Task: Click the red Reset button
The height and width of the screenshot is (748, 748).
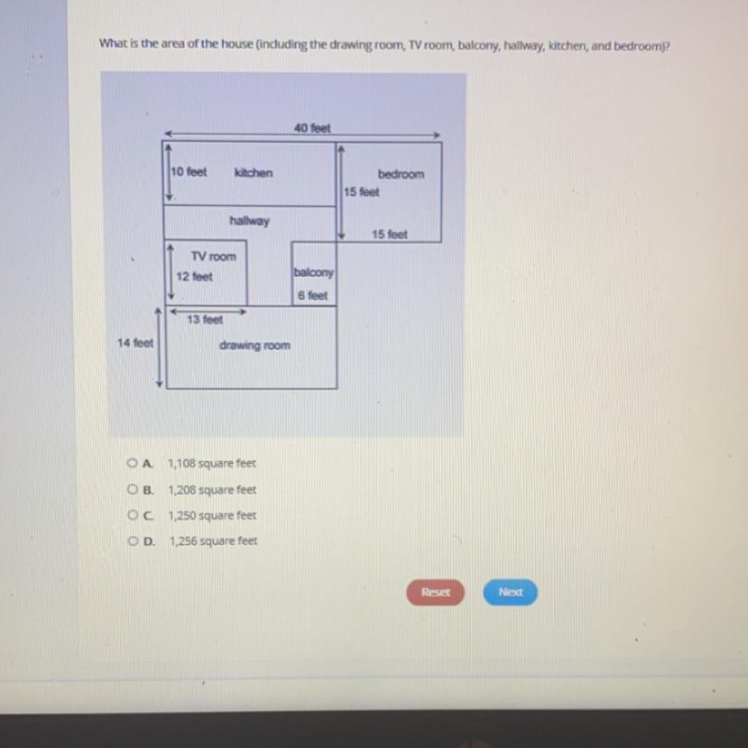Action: pos(435,592)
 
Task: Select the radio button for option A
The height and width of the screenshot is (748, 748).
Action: pos(132,463)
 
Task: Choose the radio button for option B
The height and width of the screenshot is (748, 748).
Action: pos(132,489)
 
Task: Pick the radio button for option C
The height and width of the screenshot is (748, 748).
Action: pos(132,514)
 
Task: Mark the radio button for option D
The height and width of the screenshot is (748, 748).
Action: pos(133,541)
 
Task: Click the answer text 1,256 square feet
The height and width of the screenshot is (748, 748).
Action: pos(213,541)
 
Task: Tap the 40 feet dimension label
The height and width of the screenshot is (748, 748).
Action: pos(312,128)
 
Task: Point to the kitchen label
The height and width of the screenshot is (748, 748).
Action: pos(254,172)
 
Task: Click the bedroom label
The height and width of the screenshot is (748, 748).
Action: pos(401,174)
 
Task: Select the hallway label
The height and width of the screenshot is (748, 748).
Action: pos(250,221)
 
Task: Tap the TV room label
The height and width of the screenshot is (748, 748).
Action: pos(213,256)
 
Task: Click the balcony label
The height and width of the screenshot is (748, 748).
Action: pos(313,272)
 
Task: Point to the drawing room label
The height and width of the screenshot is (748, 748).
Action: pos(254,346)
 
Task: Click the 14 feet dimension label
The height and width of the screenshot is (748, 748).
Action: pos(135,343)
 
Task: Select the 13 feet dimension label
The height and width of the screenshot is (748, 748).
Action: pos(205,319)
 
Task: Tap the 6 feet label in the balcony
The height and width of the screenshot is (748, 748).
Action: pos(312,296)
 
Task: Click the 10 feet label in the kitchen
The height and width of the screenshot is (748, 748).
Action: pos(189,171)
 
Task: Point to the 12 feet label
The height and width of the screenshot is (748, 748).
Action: pos(194,277)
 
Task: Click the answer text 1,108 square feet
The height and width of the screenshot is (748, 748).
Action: pos(212,463)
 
